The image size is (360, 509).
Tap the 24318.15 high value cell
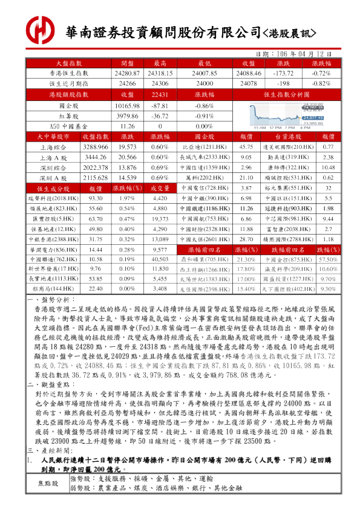160,73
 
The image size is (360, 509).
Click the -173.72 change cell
284,73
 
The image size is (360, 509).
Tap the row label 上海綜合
54,147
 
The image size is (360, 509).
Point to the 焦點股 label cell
48,500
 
